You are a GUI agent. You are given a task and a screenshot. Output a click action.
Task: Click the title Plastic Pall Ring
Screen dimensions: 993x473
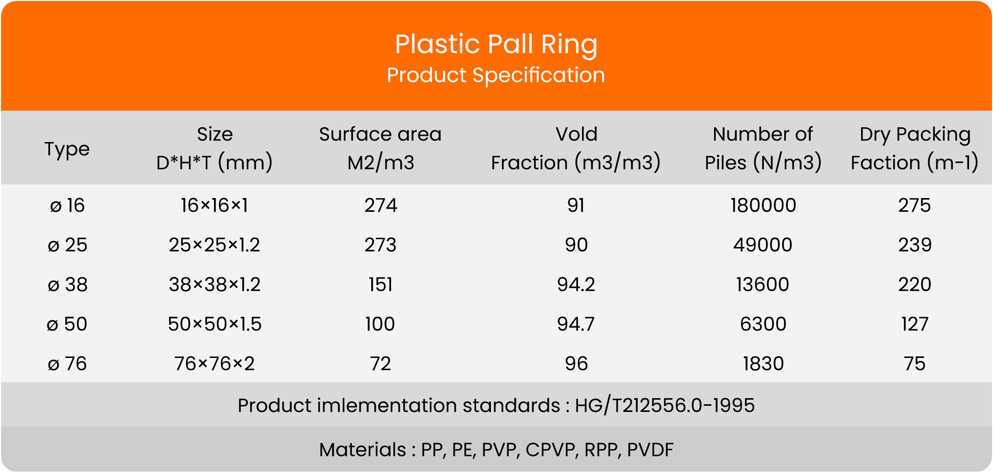click(x=496, y=45)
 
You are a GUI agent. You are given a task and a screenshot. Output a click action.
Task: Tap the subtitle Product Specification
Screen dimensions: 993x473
click(x=496, y=75)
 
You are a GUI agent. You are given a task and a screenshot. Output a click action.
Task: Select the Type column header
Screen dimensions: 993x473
click(x=67, y=149)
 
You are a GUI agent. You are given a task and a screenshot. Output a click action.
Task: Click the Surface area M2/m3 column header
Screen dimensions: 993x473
click(x=380, y=148)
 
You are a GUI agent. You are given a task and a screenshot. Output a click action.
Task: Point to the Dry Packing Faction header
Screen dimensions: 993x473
click(x=915, y=148)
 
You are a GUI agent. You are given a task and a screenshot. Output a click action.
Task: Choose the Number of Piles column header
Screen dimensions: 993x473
click(x=763, y=148)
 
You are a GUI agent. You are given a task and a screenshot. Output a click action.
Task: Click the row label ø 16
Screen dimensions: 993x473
click(x=67, y=205)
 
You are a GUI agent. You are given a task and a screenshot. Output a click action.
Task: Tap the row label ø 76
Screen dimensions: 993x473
click(x=67, y=364)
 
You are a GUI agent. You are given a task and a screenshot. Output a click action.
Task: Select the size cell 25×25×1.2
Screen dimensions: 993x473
click(x=214, y=245)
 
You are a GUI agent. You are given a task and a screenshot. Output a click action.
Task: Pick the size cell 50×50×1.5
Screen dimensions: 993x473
click(x=214, y=324)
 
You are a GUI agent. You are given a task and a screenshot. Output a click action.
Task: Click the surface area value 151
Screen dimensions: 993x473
click(x=380, y=284)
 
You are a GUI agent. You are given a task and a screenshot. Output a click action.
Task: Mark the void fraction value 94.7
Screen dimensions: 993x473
click(x=576, y=324)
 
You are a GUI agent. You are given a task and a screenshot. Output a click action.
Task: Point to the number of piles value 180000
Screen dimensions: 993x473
click(x=763, y=205)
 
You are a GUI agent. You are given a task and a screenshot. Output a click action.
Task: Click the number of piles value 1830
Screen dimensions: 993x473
click(x=763, y=364)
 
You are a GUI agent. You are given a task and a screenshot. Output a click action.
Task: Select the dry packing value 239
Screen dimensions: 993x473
click(x=915, y=245)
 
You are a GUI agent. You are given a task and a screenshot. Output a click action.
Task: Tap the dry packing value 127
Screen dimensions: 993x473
click(x=915, y=324)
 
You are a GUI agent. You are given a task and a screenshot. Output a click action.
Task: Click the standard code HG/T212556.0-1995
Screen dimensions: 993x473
click(x=665, y=406)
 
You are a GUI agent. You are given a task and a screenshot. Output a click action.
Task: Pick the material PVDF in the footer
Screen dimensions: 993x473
click(x=650, y=450)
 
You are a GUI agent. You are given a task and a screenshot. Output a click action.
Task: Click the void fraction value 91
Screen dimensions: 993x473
click(x=576, y=205)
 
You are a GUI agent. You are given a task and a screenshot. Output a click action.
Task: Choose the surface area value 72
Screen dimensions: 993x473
click(x=380, y=364)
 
